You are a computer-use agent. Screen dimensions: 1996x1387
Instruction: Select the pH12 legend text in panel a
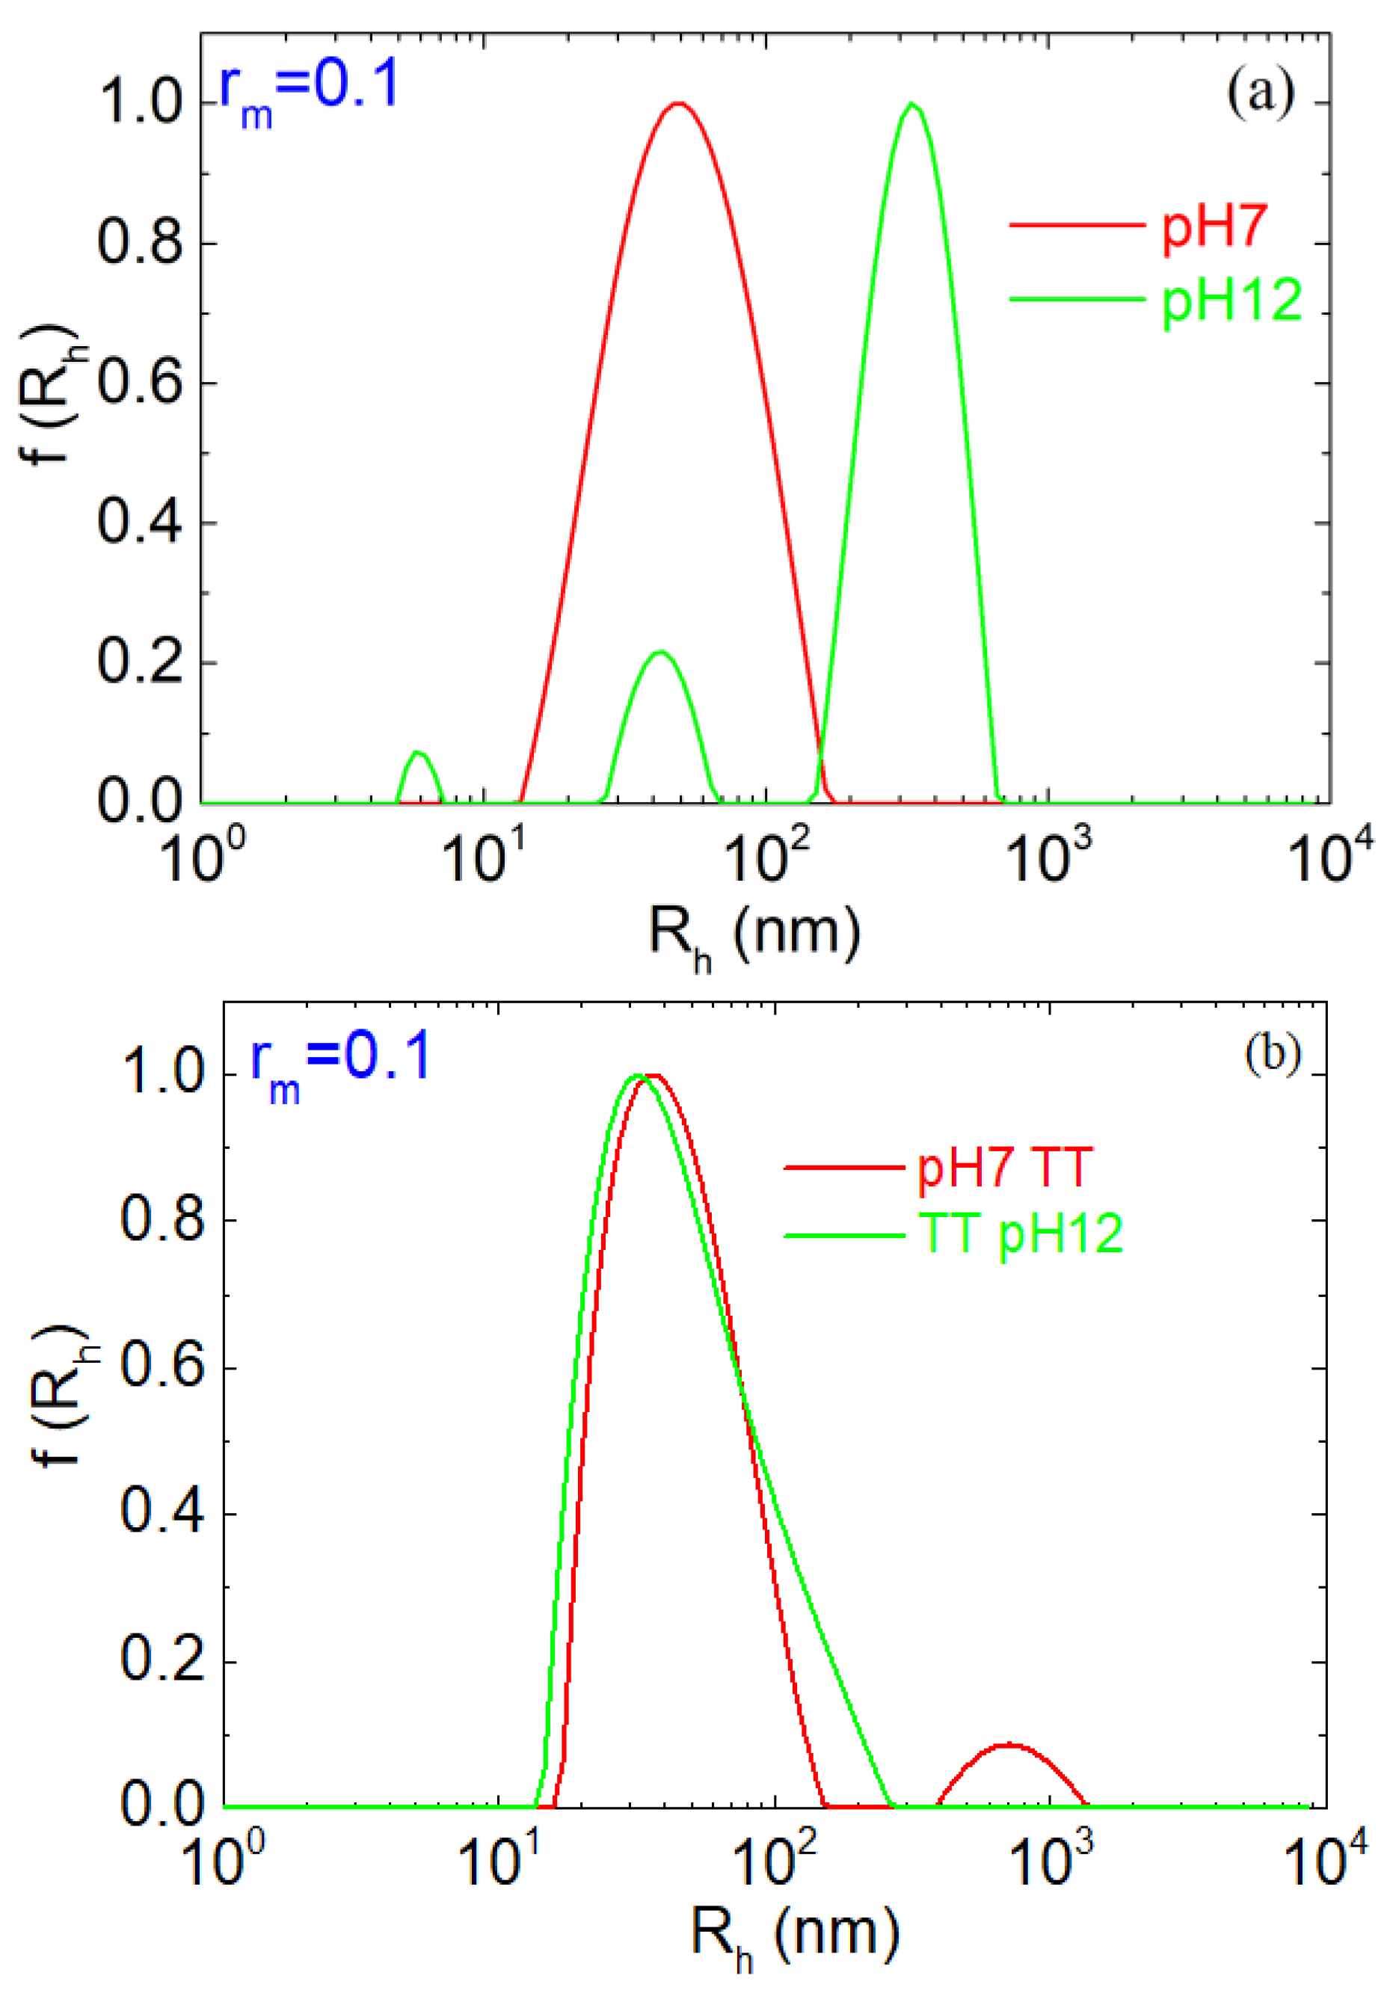pos(1232,300)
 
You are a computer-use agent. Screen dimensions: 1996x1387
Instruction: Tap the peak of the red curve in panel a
pos(679,103)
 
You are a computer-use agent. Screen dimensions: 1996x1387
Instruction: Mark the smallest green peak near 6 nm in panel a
pos(419,753)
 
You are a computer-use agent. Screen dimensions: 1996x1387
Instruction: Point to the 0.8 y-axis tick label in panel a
pos(141,242)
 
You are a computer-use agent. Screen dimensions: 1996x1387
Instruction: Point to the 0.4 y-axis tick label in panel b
pos(164,1513)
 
